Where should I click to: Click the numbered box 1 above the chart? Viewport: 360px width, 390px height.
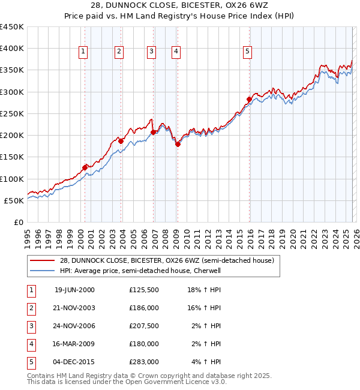click(x=83, y=52)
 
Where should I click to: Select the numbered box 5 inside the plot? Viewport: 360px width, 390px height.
click(x=247, y=52)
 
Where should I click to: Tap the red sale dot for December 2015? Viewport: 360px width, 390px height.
click(x=249, y=99)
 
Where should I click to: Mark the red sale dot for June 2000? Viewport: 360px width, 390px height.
click(x=85, y=167)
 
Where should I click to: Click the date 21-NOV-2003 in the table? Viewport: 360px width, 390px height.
click(x=74, y=307)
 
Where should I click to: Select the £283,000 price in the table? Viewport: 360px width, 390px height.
click(x=143, y=362)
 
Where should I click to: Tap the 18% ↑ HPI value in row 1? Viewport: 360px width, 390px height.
click(x=205, y=289)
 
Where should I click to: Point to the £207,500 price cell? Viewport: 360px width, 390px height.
click(x=143, y=326)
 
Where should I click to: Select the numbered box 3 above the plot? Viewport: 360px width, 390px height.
click(x=151, y=52)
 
